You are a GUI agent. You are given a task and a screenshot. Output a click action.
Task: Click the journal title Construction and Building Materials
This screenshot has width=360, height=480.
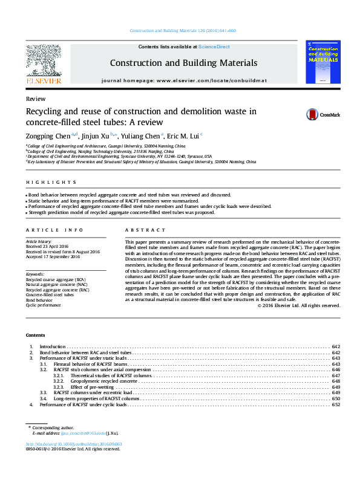(x=183, y=63)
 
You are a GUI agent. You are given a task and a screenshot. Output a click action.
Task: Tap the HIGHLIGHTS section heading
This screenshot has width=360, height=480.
(x=51, y=182)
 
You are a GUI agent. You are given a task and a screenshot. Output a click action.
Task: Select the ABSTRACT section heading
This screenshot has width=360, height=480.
(x=145, y=230)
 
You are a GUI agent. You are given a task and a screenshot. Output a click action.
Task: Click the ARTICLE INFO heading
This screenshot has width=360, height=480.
(x=54, y=230)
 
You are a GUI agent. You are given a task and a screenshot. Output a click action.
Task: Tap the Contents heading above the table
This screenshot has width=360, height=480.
(x=35, y=335)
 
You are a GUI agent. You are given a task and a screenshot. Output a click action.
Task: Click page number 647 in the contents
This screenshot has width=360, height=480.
(x=336, y=375)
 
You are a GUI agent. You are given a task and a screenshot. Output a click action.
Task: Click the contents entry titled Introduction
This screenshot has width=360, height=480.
(x=53, y=346)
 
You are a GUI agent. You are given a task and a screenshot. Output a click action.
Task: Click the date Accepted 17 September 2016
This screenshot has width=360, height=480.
(x=53, y=256)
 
